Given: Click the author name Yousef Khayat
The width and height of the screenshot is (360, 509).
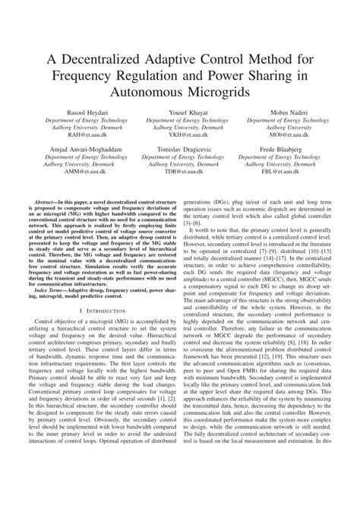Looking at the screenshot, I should click(180, 112).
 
